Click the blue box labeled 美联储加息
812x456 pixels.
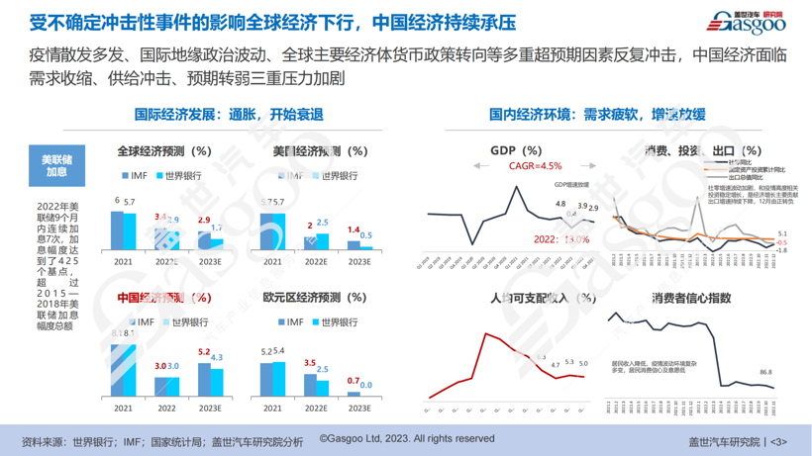click(54, 164)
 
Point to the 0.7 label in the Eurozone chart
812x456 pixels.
click(353, 381)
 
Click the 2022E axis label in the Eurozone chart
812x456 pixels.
click(315, 408)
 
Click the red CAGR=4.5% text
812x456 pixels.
click(535, 166)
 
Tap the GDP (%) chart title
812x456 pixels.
click(516, 151)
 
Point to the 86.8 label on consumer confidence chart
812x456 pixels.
click(765, 372)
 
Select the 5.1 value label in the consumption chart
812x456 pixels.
click(782, 233)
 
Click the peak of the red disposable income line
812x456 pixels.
click(486, 334)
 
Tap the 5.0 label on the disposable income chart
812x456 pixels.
click(583, 364)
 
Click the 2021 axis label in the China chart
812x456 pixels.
click(123, 408)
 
